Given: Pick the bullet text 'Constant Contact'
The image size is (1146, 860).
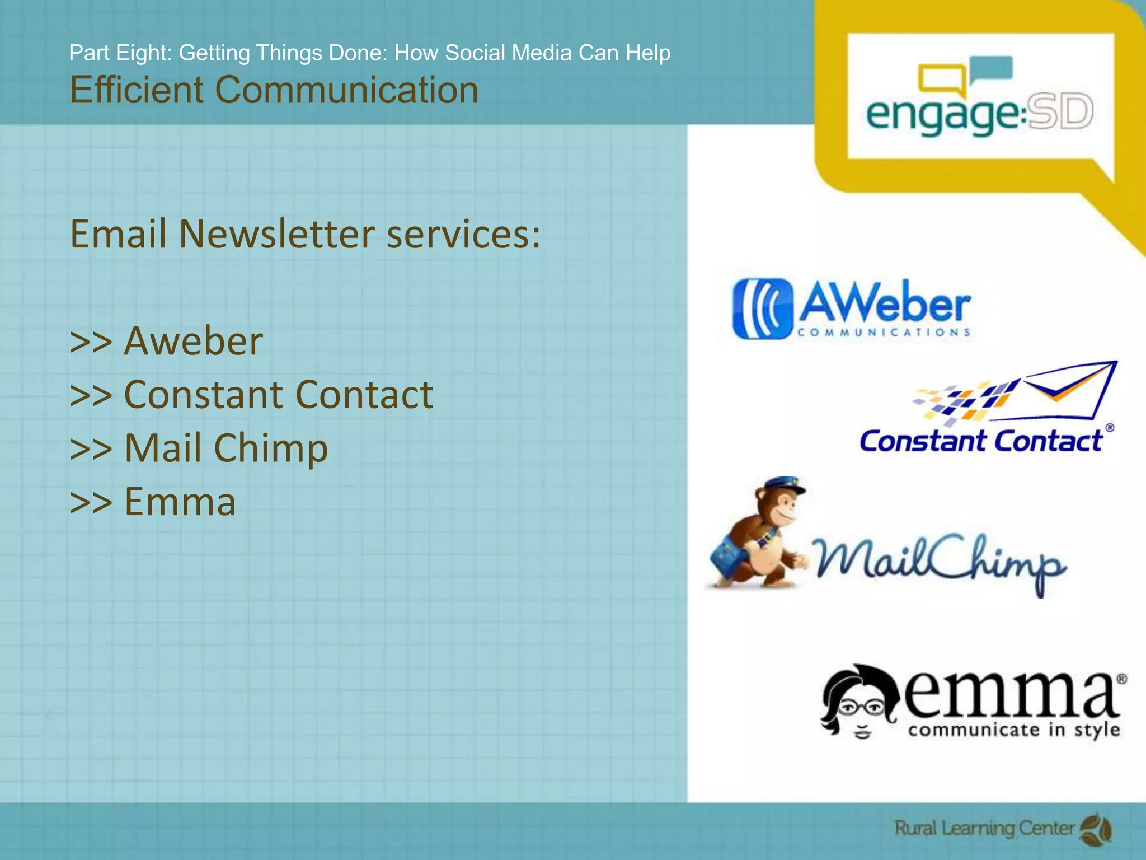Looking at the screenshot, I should tap(278, 394).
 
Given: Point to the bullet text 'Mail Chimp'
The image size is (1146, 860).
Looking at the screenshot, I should tap(226, 448).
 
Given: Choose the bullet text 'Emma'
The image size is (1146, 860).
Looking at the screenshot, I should tap(180, 501).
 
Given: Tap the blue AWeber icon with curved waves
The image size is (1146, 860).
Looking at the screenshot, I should tap(763, 309).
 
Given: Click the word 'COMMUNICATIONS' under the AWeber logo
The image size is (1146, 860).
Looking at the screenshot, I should tap(884, 333).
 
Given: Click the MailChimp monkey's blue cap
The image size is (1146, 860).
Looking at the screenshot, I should tap(783, 485).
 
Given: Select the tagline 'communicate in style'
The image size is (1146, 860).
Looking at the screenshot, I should tap(1013, 730).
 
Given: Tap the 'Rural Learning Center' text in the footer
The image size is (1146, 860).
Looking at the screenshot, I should tap(984, 828).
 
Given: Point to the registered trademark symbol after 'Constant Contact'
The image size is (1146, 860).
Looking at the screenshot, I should tap(1110, 428).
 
